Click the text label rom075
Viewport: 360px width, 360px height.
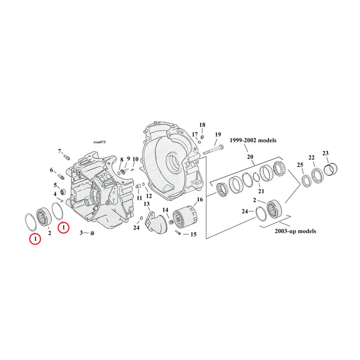99,142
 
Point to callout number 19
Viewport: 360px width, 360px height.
217,135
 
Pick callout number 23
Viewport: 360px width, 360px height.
325,153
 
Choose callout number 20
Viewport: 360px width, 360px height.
250,157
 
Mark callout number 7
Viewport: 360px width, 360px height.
60,151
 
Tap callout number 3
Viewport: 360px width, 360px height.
81,233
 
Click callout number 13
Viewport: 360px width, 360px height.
147,204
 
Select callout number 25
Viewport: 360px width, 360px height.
300,165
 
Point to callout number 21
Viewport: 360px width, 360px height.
261,192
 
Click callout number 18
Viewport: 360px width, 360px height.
202,125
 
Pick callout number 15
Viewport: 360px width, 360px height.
193,235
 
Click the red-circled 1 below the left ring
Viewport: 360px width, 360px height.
35,239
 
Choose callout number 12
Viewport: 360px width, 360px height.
148,195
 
